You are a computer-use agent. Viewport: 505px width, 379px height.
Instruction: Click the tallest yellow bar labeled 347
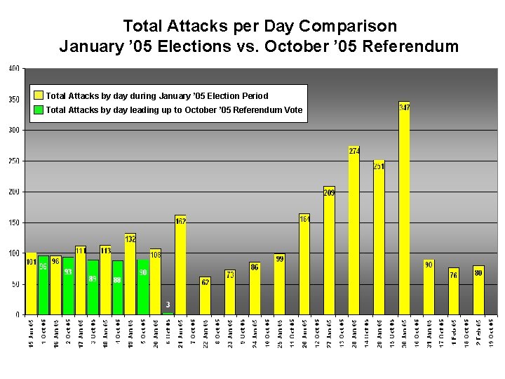click(x=404, y=211)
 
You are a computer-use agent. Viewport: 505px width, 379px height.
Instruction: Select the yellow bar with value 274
click(x=354, y=232)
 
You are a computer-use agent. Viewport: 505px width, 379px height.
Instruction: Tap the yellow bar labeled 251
click(x=379, y=239)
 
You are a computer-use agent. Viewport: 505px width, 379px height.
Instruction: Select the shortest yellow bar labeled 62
click(x=205, y=295)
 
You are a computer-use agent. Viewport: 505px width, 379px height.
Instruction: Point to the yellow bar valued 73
click(x=230, y=292)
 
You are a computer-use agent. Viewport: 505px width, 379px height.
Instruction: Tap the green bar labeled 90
click(x=142, y=287)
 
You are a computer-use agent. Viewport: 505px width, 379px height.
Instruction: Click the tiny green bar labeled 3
click(x=168, y=313)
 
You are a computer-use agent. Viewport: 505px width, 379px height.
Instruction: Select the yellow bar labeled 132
click(x=130, y=274)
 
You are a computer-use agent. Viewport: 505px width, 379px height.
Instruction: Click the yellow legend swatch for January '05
click(x=39, y=95)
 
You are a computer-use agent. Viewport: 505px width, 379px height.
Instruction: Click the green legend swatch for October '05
click(x=39, y=109)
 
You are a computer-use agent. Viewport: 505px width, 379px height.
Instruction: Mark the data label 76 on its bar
click(x=454, y=275)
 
